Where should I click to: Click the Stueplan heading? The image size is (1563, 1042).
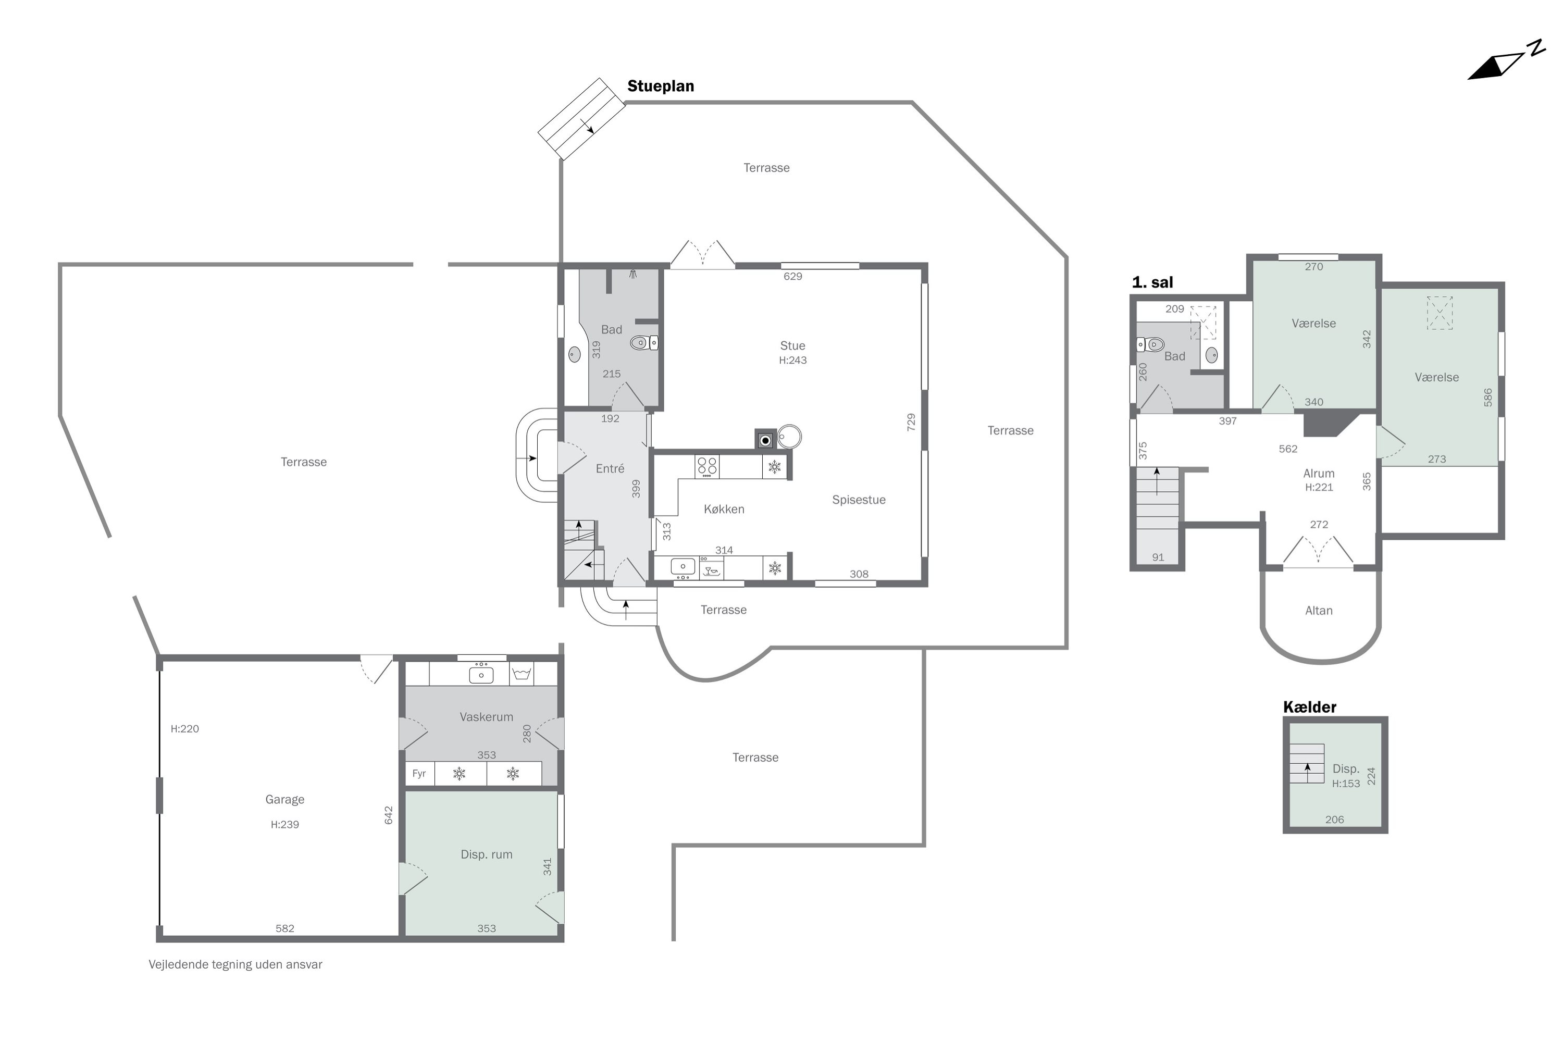click(x=661, y=86)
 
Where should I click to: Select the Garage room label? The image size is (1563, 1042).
click(x=284, y=799)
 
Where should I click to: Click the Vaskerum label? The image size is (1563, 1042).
click(x=487, y=717)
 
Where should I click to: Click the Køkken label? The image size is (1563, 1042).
click(x=724, y=509)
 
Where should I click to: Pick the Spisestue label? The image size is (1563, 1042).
click(x=859, y=500)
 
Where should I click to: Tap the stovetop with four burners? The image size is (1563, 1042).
click(x=707, y=466)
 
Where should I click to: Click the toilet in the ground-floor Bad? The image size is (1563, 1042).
click(x=644, y=343)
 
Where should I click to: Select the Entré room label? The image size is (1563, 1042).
click(x=610, y=468)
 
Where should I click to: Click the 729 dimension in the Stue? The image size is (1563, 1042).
click(x=911, y=422)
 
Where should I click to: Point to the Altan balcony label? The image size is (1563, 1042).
click(x=1319, y=611)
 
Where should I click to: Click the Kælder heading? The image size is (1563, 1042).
click(x=1309, y=707)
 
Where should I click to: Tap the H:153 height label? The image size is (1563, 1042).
click(x=1346, y=784)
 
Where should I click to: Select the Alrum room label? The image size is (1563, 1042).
click(x=1319, y=474)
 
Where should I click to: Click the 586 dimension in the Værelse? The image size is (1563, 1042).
click(x=1488, y=398)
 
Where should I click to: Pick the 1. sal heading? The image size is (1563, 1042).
click(x=1152, y=282)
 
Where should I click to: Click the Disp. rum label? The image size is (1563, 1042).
click(x=487, y=854)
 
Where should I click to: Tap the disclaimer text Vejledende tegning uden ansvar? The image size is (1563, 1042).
click(x=235, y=964)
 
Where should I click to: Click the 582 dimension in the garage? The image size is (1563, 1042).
click(x=284, y=928)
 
